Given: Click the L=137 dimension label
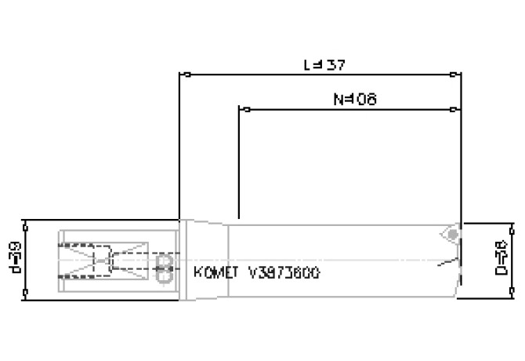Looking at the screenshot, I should tap(324, 64).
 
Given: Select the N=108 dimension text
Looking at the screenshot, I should tap(355, 99).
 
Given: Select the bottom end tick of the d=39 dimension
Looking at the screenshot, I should tap(27, 296).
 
